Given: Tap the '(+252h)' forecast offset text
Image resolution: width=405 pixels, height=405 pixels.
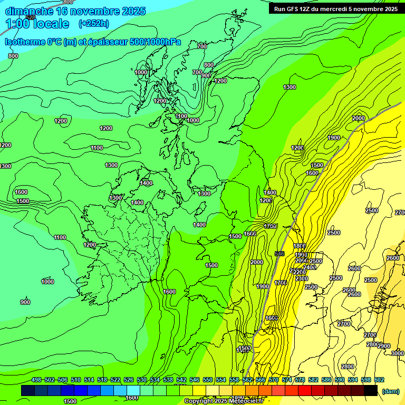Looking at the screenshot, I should pos(93,23).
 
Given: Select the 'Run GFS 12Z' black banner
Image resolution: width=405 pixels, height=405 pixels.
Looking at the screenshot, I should pos(336,8).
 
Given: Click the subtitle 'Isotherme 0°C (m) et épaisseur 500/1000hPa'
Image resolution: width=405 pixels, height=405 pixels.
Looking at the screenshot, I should pos(93,42).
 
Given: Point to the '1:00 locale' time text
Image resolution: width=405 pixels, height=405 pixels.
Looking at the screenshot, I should pos(37,24).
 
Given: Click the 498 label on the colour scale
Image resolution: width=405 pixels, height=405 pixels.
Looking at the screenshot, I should pos(36,380).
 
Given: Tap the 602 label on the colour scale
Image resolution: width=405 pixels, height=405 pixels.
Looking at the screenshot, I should pos(379,380).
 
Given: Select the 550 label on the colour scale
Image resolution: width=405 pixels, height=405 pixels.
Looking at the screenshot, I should pos(208,380).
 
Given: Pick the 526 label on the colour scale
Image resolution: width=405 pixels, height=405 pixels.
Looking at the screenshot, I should pos(129,380).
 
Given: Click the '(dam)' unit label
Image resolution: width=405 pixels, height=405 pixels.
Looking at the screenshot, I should pos(390,391).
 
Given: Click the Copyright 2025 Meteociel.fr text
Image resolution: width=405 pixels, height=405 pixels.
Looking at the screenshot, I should pos(224,401).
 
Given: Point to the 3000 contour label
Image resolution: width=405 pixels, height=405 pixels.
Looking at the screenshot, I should pos(398,353).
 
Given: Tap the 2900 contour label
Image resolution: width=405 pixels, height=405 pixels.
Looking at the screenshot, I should pos(384,346).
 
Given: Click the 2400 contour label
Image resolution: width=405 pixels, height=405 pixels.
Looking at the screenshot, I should pos(310,267).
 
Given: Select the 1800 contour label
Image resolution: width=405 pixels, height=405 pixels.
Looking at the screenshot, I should pos(300,246).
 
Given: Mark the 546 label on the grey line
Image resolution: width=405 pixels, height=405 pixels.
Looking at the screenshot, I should pos(280,254).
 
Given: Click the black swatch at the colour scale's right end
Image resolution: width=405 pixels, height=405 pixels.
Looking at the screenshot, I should pos(371,391).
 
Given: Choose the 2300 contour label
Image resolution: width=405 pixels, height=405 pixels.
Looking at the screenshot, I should pos(302,278).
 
